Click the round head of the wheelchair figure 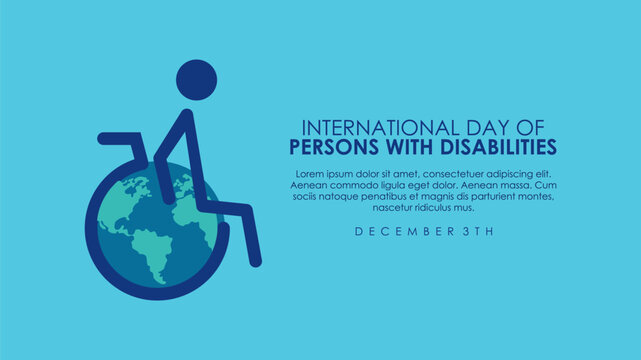coord(197,79)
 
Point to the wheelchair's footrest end coord(255,261)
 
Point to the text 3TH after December coord(477,231)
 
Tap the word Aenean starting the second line coord(311,185)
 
